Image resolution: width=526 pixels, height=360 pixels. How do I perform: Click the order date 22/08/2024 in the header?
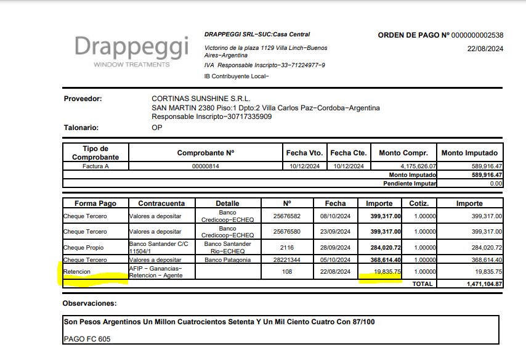tap(485, 49)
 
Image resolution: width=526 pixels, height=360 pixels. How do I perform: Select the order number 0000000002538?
tap(477, 35)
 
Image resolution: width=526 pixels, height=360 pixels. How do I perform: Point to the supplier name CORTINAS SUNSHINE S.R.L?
tap(201, 99)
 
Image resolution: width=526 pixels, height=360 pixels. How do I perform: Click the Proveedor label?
tap(83, 99)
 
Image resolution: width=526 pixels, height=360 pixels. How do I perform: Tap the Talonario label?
tap(81, 128)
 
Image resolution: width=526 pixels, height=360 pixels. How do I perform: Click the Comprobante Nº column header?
tap(205, 153)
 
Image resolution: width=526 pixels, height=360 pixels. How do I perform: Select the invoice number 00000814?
tap(205, 166)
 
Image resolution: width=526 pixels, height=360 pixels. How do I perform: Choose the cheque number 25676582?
tap(286, 216)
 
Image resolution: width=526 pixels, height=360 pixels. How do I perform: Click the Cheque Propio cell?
tap(84, 248)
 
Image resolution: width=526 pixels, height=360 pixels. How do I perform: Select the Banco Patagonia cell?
tap(227, 260)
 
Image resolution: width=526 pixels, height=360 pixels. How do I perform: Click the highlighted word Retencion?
tap(77, 271)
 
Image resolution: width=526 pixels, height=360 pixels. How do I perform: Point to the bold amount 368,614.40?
tap(384, 260)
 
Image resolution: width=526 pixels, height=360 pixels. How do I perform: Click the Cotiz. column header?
tap(419, 203)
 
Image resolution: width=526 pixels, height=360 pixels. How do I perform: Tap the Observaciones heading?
tap(89, 303)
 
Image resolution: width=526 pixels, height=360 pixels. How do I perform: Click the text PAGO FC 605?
tap(86, 339)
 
